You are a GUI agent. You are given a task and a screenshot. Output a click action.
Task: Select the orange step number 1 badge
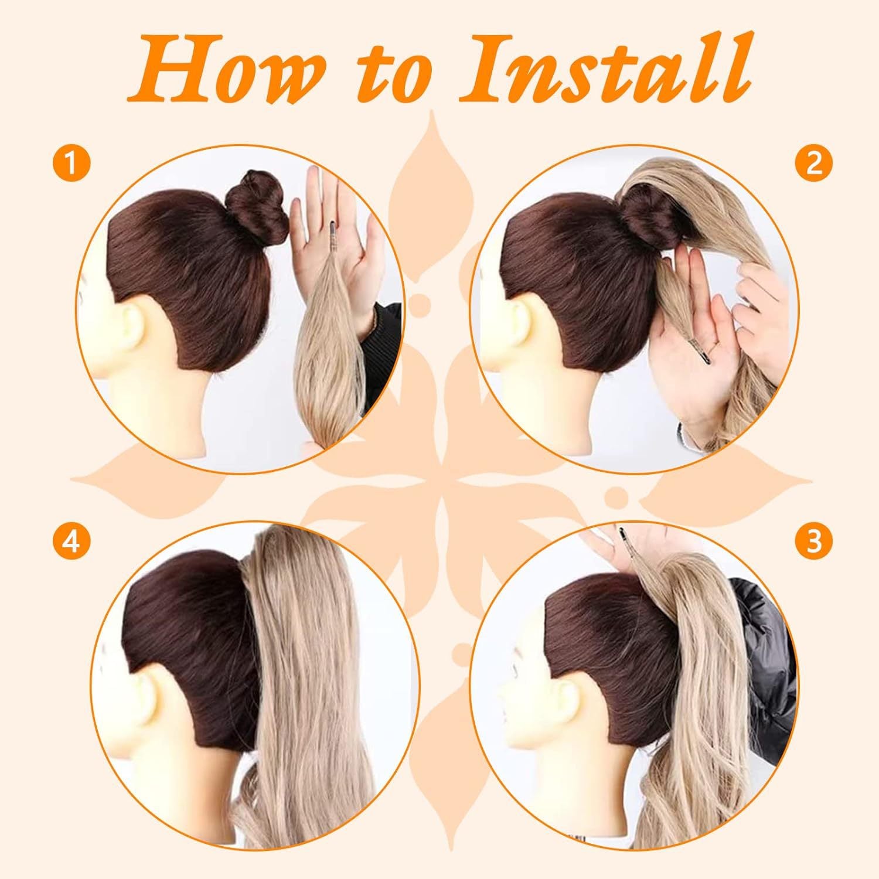coord(71,163)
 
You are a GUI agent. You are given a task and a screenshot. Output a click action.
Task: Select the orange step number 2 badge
coord(814,163)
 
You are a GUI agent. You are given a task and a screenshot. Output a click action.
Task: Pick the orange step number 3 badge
coord(814,542)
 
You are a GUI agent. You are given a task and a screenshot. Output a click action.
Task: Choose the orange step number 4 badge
coord(71,542)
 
